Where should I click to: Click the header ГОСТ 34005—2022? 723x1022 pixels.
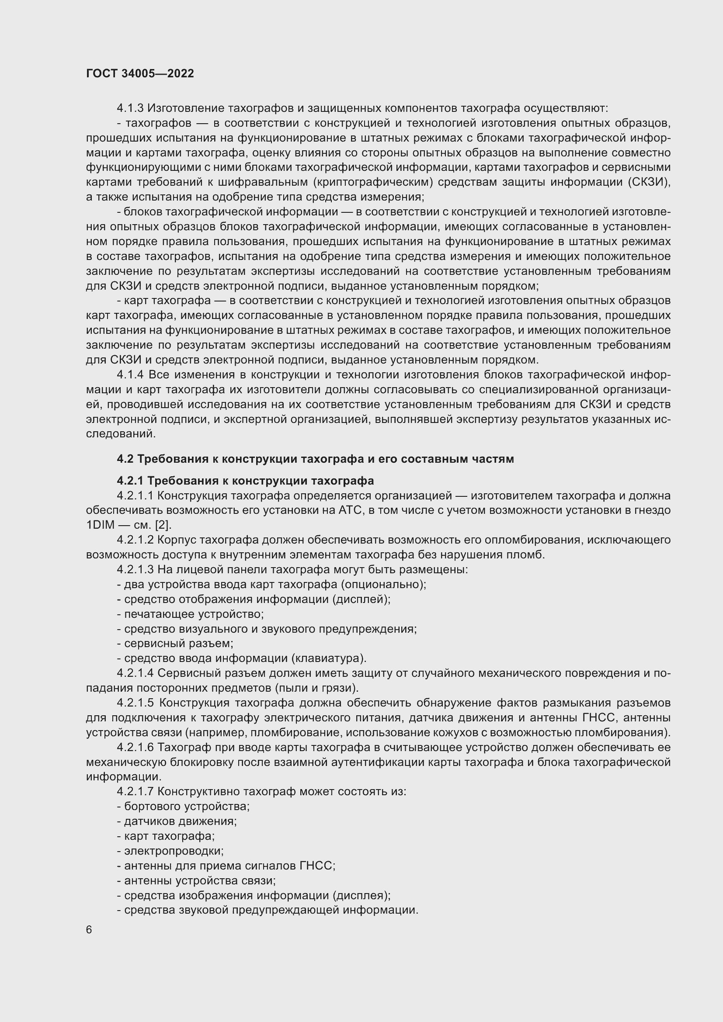click(140, 74)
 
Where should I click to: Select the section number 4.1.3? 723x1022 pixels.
click(130, 108)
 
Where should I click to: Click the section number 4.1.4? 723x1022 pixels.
click(130, 375)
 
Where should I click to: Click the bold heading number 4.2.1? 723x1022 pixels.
click(130, 481)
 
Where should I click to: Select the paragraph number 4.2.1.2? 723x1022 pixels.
click(136, 540)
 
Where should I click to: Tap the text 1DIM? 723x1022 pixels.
click(100, 525)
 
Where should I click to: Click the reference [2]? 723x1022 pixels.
click(163, 525)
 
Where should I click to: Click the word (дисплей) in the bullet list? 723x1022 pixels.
click(361, 599)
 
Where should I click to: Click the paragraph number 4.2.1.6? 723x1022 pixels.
click(136, 747)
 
